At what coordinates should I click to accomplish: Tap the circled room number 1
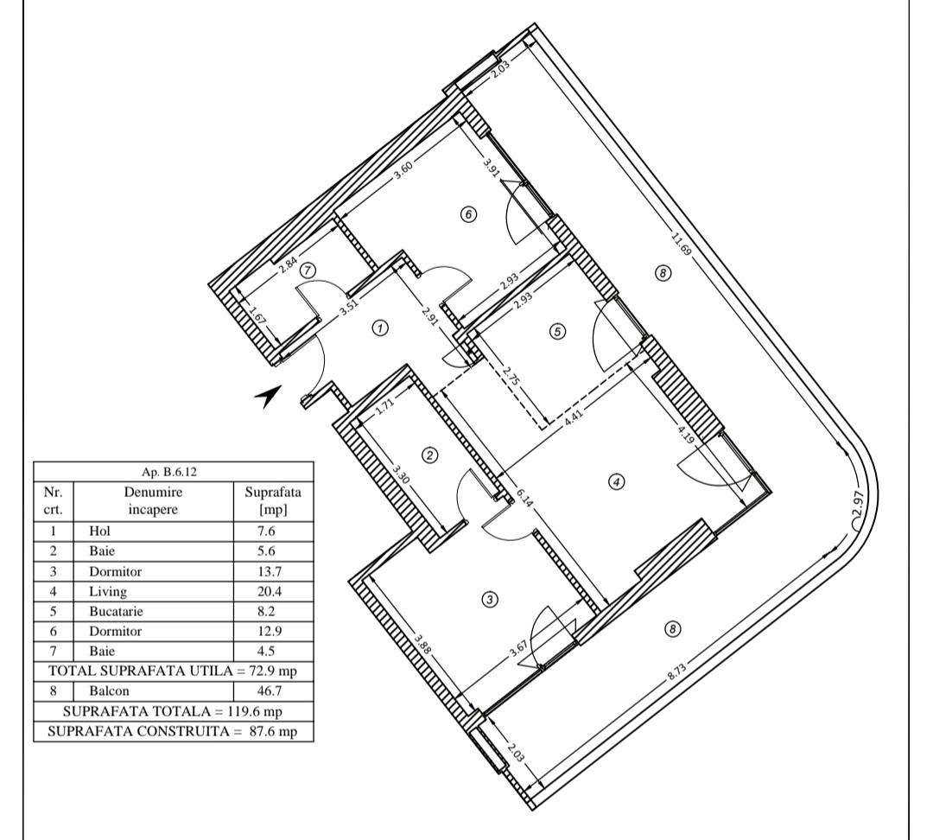click(378, 328)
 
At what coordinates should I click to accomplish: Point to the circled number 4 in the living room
click(616, 482)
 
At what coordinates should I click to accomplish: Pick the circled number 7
click(308, 270)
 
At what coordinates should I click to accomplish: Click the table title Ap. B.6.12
click(173, 472)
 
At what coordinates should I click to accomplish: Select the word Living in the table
click(107, 592)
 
